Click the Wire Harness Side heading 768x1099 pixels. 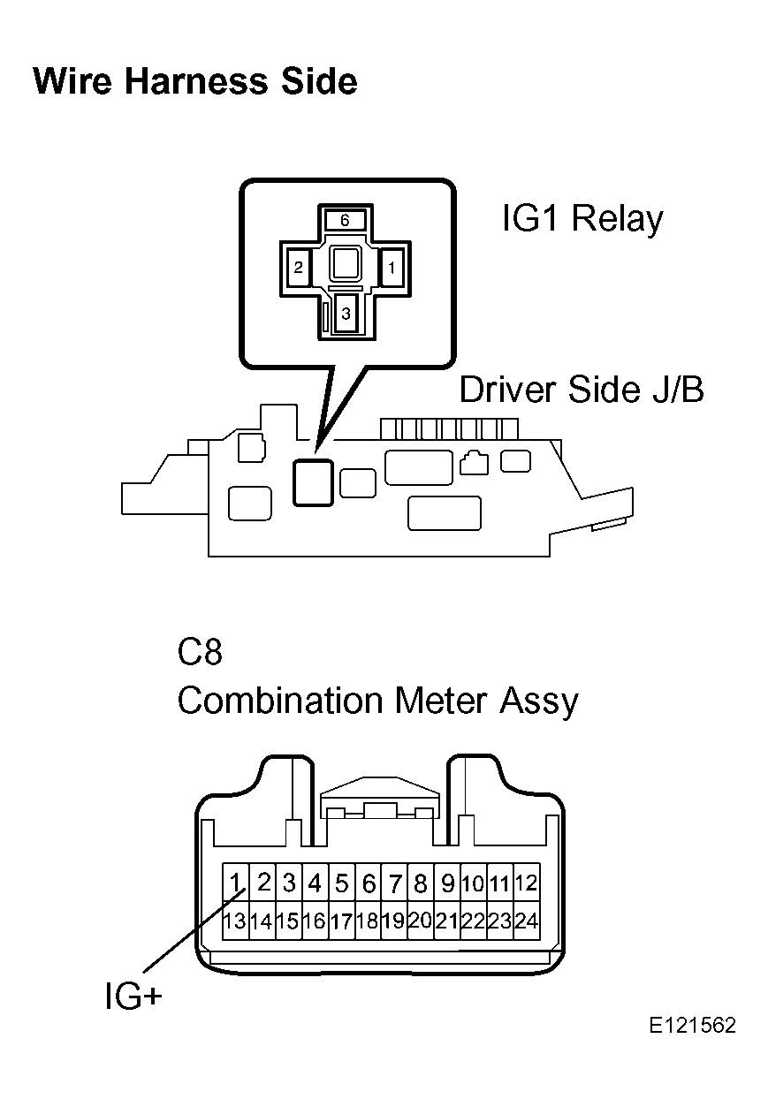(195, 81)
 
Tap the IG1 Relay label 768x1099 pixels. (583, 219)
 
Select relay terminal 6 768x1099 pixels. (345, 220)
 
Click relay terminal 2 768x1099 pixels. (299, 268)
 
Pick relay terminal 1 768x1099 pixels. (392, 268)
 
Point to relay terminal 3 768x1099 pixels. (346, 314)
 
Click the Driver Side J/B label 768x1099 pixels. (582, 390)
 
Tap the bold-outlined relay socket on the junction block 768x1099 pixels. (313, 482)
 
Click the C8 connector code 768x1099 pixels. (200, 653)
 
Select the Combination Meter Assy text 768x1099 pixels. (378, 701)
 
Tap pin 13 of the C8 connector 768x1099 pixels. (236, 920)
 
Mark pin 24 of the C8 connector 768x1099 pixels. (527, 920)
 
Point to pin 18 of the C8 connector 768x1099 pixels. (368, 920)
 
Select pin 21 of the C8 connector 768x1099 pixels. (447, 920)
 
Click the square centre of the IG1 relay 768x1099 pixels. (346, 263)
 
